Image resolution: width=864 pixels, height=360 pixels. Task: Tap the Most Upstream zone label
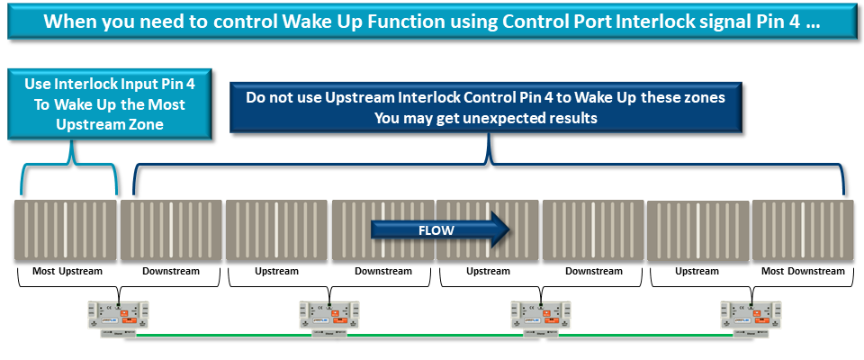click(x=67, y=271)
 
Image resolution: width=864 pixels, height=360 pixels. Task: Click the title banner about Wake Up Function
click(x=432, y=22)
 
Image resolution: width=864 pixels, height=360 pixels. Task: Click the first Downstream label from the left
click(x=171, y=271)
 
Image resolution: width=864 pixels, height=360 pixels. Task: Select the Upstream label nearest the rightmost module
click(x=697, y=271)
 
